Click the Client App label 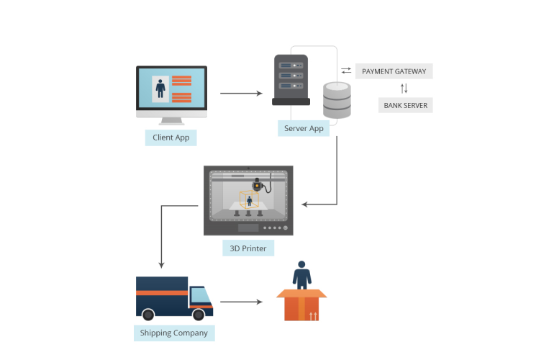pyautogui.click(x=171, y=137)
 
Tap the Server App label pyautogui.click(x=304, y=128)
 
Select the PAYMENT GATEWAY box pyautogui.click(x=394, y=71)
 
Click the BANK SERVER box pyautogui.click(x=405, y=105)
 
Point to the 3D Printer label pyautogui.click(x=248, y=248)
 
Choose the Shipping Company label pyautogui.click(x=174, y=333)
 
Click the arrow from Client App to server pyautogui.click(x=241, y=94)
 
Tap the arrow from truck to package pyautogui.click(x=241, y=302)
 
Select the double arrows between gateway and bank pyautogui.click(x=404, y=89)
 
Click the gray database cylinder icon pyautogui.click(x=337, y=100)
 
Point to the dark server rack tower pyautogui.click(x=291, y=79)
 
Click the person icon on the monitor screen pyautogui.click(x=160, y=89)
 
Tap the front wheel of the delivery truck pyautogui.click(x=199, y=315)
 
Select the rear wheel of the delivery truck pyautogui.click(x=148, y=315)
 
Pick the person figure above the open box pyautogui.click(x=301, y=275)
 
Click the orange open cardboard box pyautogui.click(x=301, y=305)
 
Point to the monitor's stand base pyautogui.click(x=171, y=122)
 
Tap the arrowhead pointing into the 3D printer pyautogui.click(x=305, y=204)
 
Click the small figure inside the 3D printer pyautogui.click(x=249, y=201)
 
